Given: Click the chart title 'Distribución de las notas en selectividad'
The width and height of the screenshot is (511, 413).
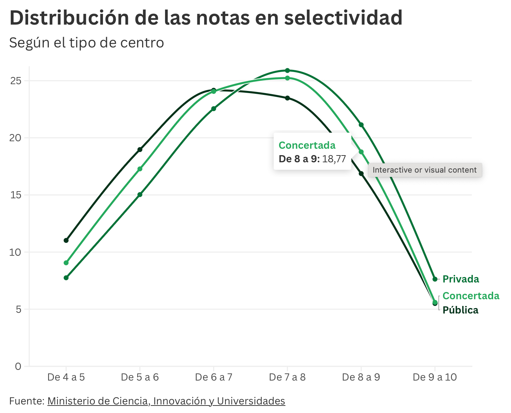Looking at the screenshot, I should point(206,18).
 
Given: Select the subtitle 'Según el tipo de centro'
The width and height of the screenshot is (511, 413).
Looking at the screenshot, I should point(87,43).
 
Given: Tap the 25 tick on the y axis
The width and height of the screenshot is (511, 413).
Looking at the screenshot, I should point(16,81).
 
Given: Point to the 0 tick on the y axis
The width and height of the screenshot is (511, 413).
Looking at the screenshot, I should point(18,366).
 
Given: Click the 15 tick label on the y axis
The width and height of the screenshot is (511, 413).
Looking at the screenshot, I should point(16,195).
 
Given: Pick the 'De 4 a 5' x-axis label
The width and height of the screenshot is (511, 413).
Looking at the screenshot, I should point(66,377).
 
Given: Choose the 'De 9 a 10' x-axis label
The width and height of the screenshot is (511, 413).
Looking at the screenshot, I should point(435,377).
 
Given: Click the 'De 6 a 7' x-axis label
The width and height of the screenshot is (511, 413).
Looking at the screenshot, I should point(213,377).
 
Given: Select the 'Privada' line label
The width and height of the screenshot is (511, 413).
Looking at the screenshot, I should point(461,279).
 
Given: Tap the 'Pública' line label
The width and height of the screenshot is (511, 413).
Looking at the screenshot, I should point(460,310).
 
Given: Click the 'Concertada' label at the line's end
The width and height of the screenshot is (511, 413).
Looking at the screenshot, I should point(471,296).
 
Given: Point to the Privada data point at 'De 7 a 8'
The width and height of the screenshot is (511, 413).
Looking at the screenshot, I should point(287,71).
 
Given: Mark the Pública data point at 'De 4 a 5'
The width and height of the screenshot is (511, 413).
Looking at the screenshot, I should point(66,240).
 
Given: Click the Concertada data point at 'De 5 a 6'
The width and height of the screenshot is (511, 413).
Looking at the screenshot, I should point(140,169).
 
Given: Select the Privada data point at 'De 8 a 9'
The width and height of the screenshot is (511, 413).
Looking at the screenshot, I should point(361,125).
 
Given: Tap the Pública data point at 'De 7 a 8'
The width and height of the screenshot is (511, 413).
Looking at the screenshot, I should point(287,98).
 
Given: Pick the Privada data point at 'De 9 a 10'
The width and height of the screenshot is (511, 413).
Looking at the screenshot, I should point(435,279).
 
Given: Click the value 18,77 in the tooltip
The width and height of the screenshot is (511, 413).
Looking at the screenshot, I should point(334,159).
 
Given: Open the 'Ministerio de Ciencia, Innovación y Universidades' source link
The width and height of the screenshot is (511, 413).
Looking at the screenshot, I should point(166,401).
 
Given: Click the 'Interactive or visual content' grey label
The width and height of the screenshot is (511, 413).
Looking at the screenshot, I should point(424,170).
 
